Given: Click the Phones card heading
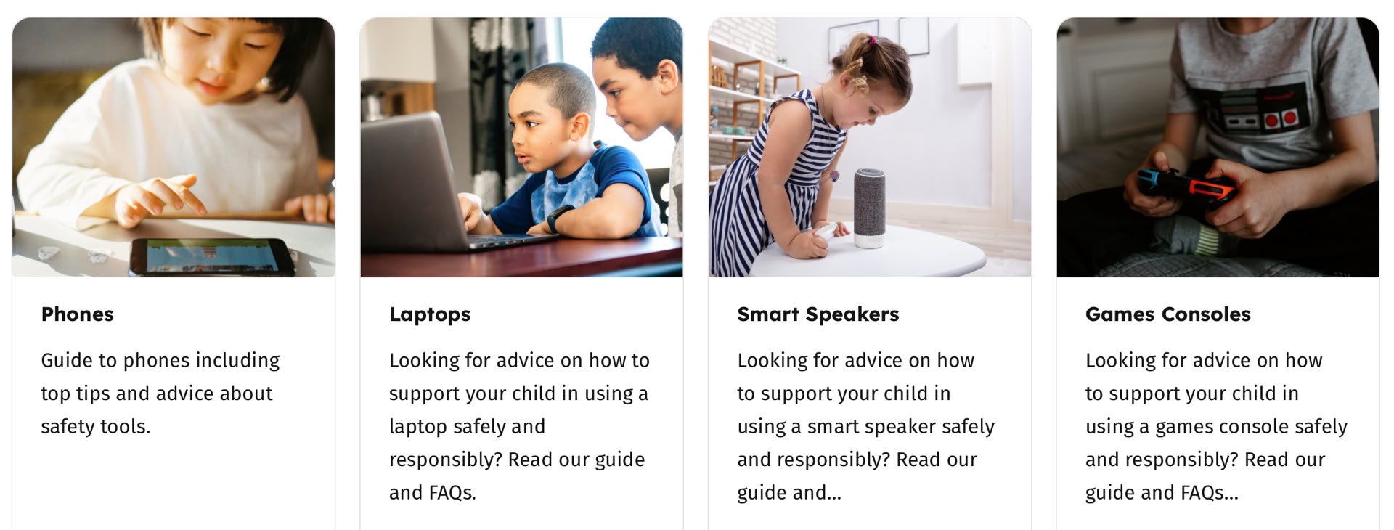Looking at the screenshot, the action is pos(77,314).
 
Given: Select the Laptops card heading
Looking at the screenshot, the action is pos(430,315).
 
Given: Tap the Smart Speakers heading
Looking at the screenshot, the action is pos(818,314).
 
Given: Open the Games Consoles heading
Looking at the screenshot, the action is pos(1168,314).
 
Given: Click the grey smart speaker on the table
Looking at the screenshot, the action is pos(869,208).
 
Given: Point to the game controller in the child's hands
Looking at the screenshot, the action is pos(1188,186).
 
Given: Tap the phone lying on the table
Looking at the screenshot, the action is pos(212,256).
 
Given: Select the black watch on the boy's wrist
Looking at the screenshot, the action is pos(559,218).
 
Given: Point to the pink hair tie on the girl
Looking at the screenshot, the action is pos(873,41).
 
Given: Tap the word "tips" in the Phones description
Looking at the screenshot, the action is pos(93,394).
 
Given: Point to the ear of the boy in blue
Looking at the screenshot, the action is pos(579,127).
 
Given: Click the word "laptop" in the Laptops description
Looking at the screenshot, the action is pos(417,427).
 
